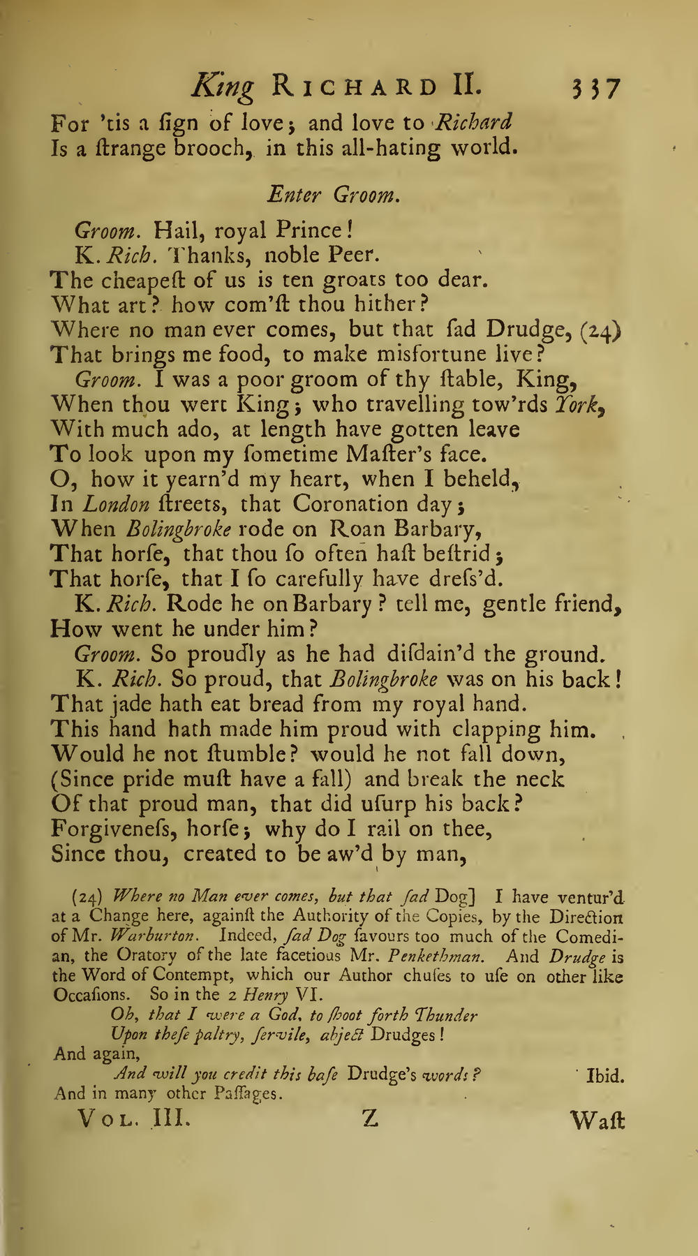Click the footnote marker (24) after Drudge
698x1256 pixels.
(601, 330)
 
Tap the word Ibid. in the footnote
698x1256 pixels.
(605, 1076)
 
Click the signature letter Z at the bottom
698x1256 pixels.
(370, 1118)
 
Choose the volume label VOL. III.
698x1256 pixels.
(131, 1119)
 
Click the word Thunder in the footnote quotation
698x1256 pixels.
(446, 1015)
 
